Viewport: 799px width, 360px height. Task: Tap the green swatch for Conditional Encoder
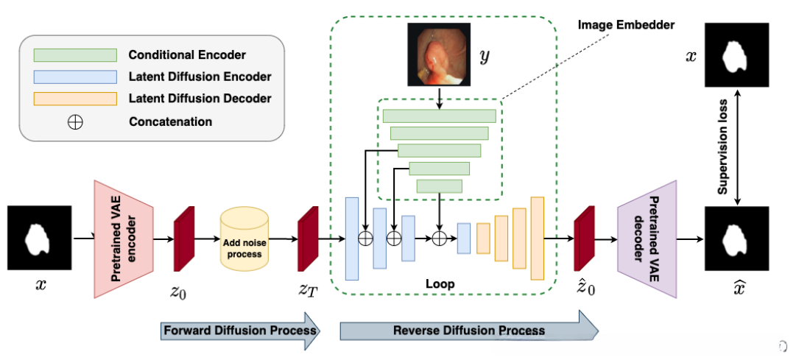pos(74,54)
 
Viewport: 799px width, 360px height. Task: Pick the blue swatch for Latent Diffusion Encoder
pos(74,77)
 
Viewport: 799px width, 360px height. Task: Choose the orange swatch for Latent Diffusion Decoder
pos(74,99)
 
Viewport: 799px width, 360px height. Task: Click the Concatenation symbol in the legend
pos(74,121)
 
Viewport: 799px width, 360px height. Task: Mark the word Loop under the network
pos(440,283)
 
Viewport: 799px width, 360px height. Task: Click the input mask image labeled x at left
pos(39,239)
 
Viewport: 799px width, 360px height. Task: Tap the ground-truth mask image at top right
pos(737,55)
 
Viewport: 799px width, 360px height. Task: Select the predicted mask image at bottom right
pos(737,239)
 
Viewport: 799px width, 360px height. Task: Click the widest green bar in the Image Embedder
pos(439,116)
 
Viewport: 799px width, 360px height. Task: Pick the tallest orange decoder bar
pos(537,238)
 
